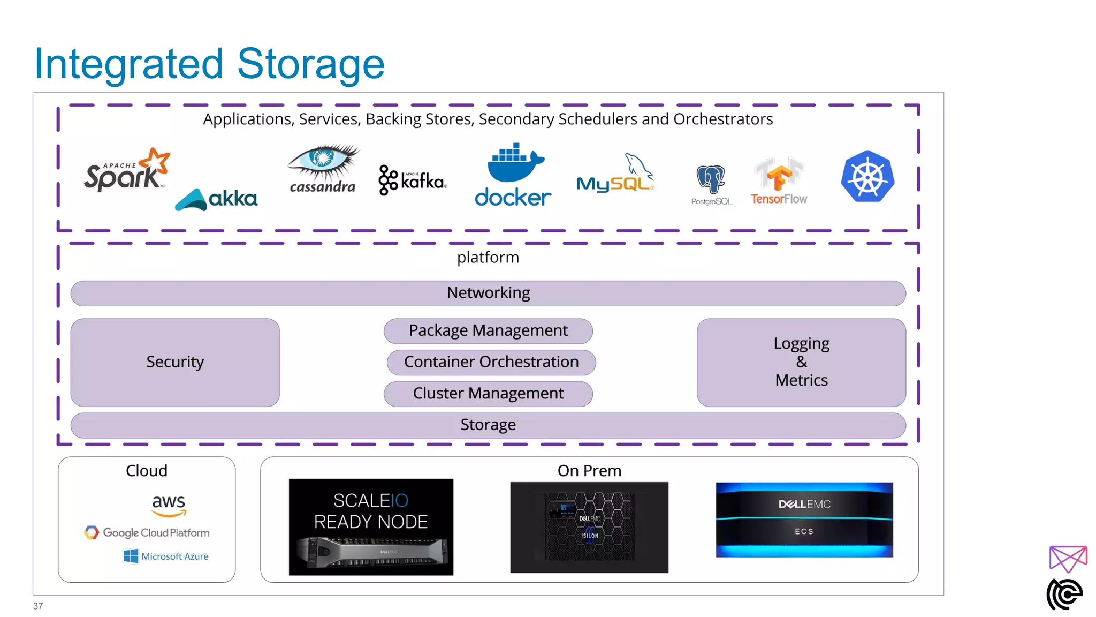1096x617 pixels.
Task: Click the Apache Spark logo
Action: tap(126, 170)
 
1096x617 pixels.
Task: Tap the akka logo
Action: tap(216, 199)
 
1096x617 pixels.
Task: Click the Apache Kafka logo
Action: tap(412, 180)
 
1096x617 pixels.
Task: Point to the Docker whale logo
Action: tap(513, 175)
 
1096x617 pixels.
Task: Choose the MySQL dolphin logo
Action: tap(615, 175)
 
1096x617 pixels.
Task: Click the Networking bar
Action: tap(488, 293)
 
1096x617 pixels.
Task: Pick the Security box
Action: tap(175, 362)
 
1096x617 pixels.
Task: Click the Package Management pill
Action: tap(488, 331)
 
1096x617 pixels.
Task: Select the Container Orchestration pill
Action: tap(491, 362)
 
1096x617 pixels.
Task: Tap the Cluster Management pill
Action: tap(488, 394)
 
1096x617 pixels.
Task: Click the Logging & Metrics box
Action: tap(801, 362)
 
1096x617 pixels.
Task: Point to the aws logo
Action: tap(169, 505)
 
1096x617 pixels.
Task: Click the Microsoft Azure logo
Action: tap(166, 556)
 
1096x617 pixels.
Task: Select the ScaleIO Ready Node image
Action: tap(371, 527)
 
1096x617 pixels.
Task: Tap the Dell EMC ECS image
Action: tap(804, 520)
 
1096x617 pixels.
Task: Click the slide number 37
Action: tap(38, 606)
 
